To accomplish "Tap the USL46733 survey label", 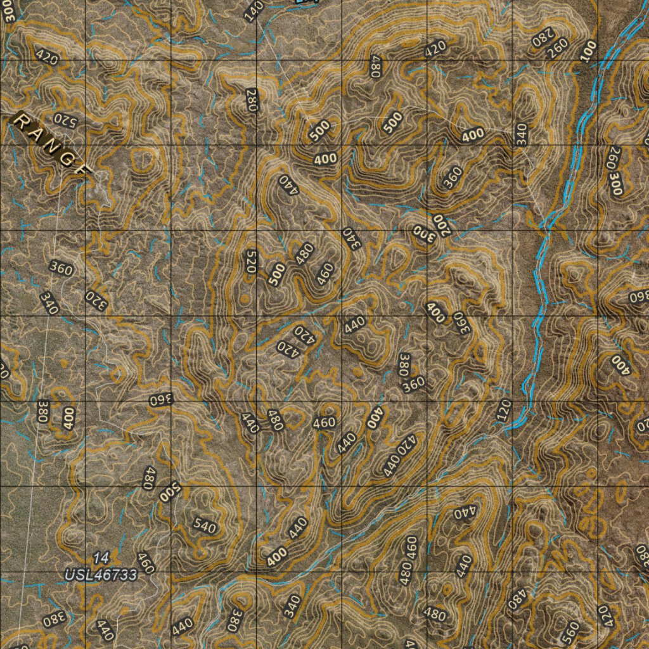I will pyautogui.click(x=101, y=575).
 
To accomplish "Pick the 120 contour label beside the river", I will pyautogui.click(x=504, y=411).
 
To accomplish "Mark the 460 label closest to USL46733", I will pyautogui.click(x=146, y=562).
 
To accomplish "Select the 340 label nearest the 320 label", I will pyautogui.click(x=49, y=303).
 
